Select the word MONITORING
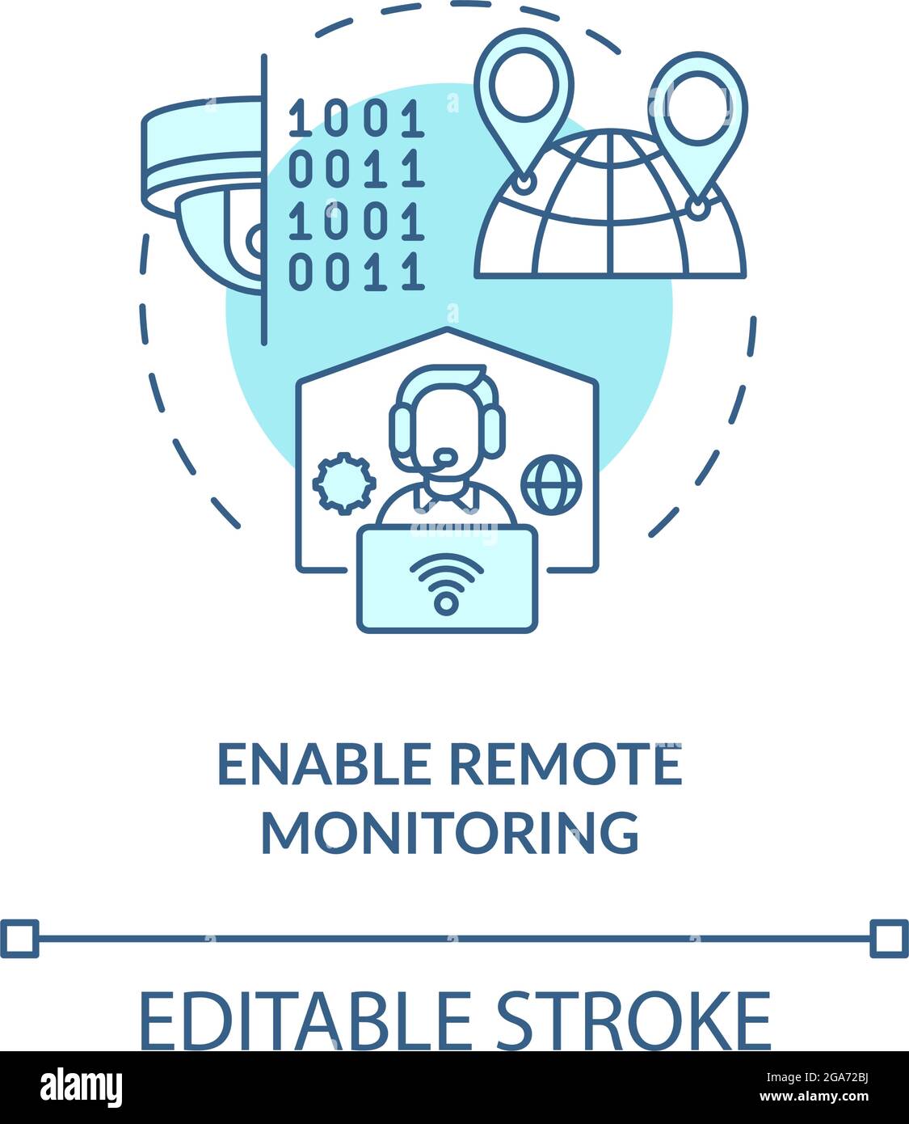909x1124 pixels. (x=450, y=832)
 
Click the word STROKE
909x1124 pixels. (x=633, y=1020)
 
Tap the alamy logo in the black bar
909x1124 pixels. (x=81, y=1087)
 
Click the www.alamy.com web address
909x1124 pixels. (x=814, y=1097)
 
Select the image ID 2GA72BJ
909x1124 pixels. (x=843, y=1077)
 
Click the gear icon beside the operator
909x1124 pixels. (x=344, y=484)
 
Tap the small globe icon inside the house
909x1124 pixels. (x=552, y=484)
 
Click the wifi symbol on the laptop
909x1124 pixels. (x=447, y=583)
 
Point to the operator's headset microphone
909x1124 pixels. (x=445, y=456)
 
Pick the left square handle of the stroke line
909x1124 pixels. (x=19, y=939)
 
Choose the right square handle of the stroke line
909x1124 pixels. (x=890, y=939)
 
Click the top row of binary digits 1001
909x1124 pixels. (x=356, y=118)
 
